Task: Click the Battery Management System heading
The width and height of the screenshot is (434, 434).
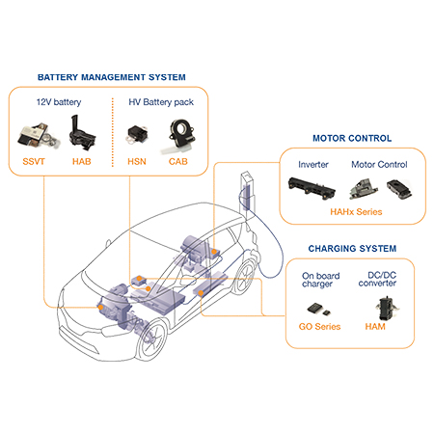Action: click(x=112, y=77)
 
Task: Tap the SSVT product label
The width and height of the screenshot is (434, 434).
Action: click(x=34, y=161)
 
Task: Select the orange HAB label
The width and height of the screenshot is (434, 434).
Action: click(x=82, y=161)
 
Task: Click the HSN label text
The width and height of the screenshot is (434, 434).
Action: click(x=137, y=161)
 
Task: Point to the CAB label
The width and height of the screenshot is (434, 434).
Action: click(x=178, y=161)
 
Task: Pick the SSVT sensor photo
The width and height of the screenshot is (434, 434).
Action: click(x=38, y=136)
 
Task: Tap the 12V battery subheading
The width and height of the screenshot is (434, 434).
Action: click(x=59, y=102)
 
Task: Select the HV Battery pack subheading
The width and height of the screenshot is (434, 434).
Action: click(x=161, y=102)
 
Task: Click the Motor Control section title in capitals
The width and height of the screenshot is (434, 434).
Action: click(x=352, y=138)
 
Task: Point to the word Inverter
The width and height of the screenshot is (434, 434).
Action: click(x=313, y=165)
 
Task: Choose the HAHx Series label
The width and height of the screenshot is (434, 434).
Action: click(x=356, y=212)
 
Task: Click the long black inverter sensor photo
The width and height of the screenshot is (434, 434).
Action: click(x=312, y=187)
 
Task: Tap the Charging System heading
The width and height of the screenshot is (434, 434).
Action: click(x=352, y=249)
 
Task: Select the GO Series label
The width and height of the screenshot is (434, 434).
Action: click(x=319, y=327)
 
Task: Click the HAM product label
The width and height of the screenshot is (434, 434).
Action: click(x=375, y=327)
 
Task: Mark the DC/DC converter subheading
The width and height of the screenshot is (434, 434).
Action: click(x=378, y=279)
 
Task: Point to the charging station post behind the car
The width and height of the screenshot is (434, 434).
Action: click(x=248, y=192)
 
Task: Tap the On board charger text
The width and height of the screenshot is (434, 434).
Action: click(x=321, y=280)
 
